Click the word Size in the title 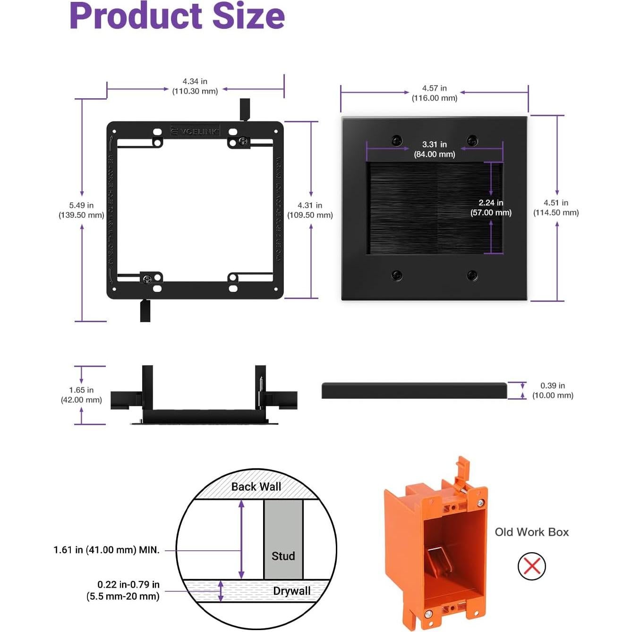248,16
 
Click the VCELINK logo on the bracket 195,131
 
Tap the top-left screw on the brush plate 397,140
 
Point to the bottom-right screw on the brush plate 472,275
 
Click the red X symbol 532,566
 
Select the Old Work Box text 531,532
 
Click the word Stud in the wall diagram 283,556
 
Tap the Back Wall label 256,487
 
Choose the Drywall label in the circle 291,591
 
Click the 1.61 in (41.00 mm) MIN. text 106,550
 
